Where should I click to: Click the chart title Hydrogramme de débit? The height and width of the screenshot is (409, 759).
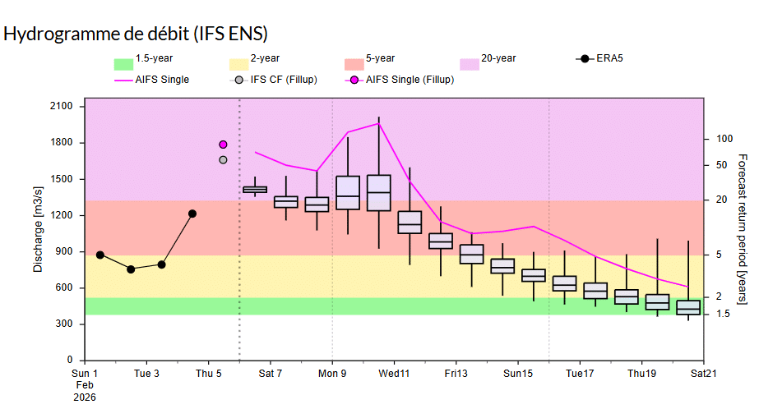click(136, 34)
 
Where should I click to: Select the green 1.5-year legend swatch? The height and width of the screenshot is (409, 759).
click(123, 64)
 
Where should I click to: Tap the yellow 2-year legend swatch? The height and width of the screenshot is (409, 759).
click(238, 64)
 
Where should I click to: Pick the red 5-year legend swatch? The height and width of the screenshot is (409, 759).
click(354, 64)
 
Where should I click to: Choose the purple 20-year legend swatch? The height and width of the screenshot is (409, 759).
click(469, 64)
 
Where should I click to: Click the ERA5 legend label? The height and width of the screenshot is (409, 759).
click(609, 58)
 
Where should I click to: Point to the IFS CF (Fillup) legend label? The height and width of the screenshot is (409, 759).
click(284, 80)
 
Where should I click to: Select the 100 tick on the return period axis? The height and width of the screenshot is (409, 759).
click(724, 139)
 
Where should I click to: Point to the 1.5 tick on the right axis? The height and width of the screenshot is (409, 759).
click(723, 314)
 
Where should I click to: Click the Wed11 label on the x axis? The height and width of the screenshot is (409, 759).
click(394, 374)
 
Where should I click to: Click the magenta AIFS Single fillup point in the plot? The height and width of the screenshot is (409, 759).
click(223, 145)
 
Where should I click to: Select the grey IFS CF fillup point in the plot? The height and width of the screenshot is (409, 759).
click(223, 159)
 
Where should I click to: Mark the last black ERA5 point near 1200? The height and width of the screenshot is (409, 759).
click(192, 214)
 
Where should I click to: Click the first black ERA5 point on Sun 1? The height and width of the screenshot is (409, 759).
click(100, 255)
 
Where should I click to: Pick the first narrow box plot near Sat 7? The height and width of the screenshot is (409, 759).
click(255, 189)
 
